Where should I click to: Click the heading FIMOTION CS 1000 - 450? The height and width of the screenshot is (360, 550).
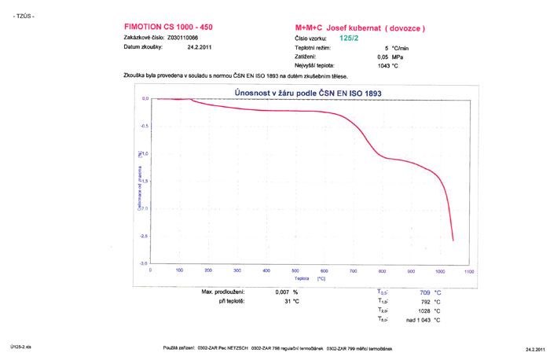click(x=168, y=27)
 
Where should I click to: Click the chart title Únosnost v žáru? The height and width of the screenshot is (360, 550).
click(x=308, y=94)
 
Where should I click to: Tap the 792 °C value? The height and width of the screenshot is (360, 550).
click(x=426, y=301)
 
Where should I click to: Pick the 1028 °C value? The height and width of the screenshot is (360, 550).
click(x=424, y=310)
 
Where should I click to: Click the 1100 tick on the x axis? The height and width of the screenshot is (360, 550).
click(x=469, y=270)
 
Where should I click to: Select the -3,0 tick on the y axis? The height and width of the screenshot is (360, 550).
click(x=144, y=263)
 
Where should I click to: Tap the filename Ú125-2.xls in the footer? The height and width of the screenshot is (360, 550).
click(x=20, y=346)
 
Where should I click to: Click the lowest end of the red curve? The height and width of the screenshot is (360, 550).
click(x=453, y=241)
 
